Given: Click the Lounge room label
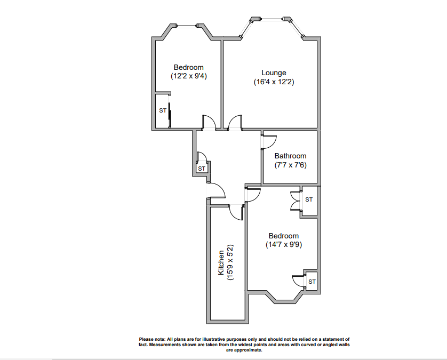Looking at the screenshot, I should [x=273, y=73].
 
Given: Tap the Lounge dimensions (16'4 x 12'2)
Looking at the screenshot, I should [x=274, y=82].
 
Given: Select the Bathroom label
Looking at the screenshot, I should [x=290, y=156].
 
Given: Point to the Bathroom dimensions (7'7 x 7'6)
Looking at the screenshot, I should [x=290, y=165].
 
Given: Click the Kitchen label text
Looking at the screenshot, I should [x=221, y=263].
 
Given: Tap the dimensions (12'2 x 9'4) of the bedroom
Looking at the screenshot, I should [x=188, y=76].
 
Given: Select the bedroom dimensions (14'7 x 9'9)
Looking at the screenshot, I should [x=283, y=245].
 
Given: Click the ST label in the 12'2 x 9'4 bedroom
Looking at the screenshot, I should [x=163, y=111].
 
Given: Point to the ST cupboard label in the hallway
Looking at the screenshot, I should [x=202, y=169].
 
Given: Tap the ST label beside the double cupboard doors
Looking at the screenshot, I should [x=309, y=200].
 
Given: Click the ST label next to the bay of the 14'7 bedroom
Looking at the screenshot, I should [x=312, y=282].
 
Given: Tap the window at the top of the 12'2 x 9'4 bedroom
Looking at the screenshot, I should [x=187, y=26].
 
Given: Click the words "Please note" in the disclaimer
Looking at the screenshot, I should [x=152, y=339].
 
